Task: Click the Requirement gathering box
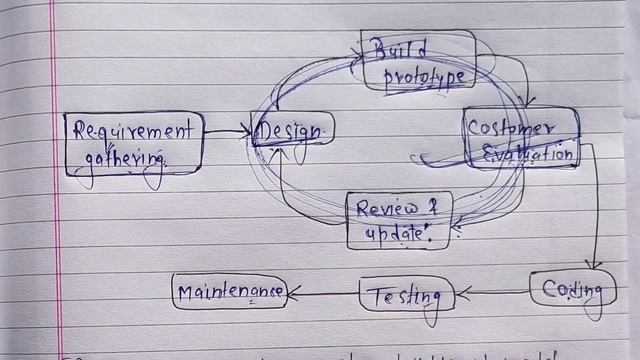point(134,143)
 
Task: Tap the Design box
point(293,130)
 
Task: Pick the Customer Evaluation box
point(521,139)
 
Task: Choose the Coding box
point(572,290)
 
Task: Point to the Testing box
point(406,295)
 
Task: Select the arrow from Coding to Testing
point(493,293)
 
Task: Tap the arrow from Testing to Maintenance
point(323,293)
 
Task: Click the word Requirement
point(133,131)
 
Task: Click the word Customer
point(511,129)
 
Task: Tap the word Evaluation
point(529,153)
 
